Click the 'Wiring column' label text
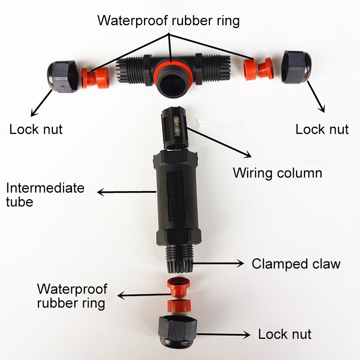point(277,173)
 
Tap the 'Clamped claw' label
point(296,264)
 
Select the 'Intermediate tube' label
point(45,195)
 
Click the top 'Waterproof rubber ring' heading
point(168,21)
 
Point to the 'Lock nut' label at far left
point(36,129)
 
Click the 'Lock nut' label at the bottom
point(285,334)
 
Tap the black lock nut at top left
point(62,76)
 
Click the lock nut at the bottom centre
point(177,331)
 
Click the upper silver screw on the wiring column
point(176,119)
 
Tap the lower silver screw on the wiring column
point(176,131)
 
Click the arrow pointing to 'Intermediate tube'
point(127,192)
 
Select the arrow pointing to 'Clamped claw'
point(218,263)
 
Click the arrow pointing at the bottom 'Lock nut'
point(223,334)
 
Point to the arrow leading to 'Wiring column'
point(219,142)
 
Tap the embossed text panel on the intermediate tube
point(176,196)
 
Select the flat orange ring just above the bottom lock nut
point(179,306)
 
